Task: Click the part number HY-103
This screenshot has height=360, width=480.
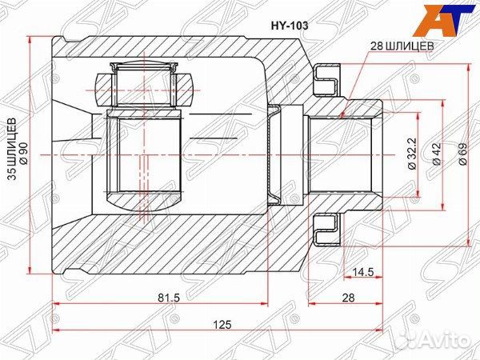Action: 286,25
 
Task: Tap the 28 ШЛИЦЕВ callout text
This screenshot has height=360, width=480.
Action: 402,47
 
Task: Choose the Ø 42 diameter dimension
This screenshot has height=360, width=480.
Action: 436,154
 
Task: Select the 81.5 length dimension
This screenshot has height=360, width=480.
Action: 168,298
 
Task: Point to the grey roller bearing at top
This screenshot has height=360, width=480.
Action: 144,83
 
